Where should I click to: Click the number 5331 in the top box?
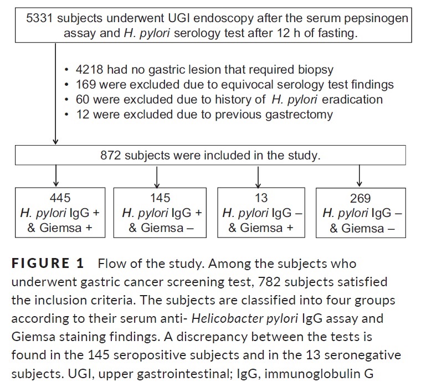(x=39, y=18)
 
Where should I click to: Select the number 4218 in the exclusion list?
(x=89, y=70)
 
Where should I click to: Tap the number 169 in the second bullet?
(x=86, y=85)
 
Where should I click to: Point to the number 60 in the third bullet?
(x=83, y=100)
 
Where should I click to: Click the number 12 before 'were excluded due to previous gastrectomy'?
(x=83, y=115)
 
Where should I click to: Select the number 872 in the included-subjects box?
(x=111, y=156)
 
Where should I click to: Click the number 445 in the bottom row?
(x=60, y=198)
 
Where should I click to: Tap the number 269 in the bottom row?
(x=360, y=199)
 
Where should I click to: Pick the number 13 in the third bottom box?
(x=261, y=198)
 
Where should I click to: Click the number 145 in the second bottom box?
(x=160, y=198)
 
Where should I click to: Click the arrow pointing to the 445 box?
(x=56, y=176)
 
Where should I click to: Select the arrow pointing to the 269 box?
(x=360, y=176)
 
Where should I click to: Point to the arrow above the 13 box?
(x=258, y=177)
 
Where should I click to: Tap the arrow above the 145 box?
(x=157, y=177)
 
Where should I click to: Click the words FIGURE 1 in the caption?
(x=48, y=264)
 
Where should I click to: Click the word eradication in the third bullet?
(x=352, y=100)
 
